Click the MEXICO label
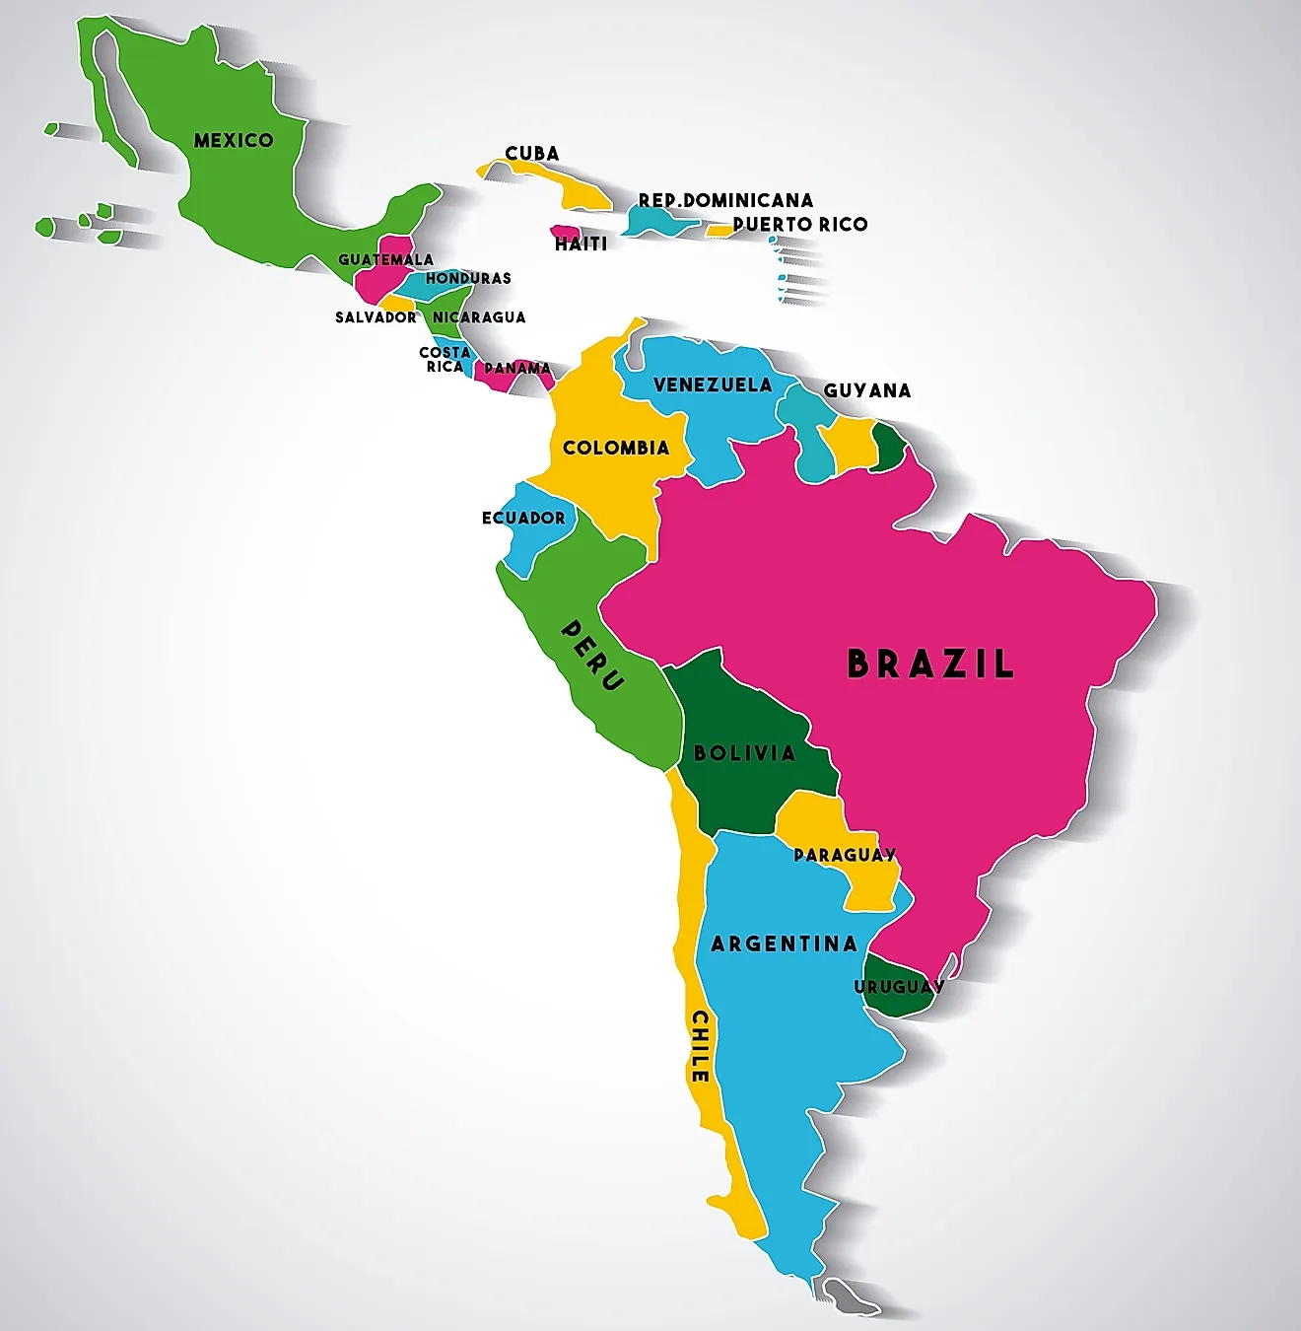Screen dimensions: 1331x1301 pyautogui.click(x=234, y=140)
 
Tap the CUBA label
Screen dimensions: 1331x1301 pyautogui.click(x=532, y=153)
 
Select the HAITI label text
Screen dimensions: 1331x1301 pyautogui.click(x=582, y=244)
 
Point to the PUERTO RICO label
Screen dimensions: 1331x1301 pyautogui.click(x=800, y=224)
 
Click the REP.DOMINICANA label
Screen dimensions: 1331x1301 pyautogui.click(x=726, y=200)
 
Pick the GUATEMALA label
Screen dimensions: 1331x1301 pyautogui.click(x=385, y=259)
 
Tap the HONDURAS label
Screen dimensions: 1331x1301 pyautogui.click(x=468, y=278)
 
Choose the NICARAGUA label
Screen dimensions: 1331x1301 pyautogui.click(x=479, y=316)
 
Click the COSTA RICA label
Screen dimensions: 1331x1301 pyautogui.click(x=445, y=359)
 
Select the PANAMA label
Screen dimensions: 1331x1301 pyautogui.click(x=517, y=368)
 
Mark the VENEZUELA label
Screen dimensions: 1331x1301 pyautogui.click(x=713, y=385)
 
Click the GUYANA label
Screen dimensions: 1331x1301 pyautogui.click(x=867, y=390)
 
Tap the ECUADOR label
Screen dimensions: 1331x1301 pyautogui.click(x=523, y=518)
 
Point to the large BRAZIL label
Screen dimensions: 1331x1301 pyautogui.click(x=930, y=664)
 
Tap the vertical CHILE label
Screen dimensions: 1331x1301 pyautogui.click(x=700, y=1046)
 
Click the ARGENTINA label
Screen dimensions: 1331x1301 pyautogui.click(x=784, y=944)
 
